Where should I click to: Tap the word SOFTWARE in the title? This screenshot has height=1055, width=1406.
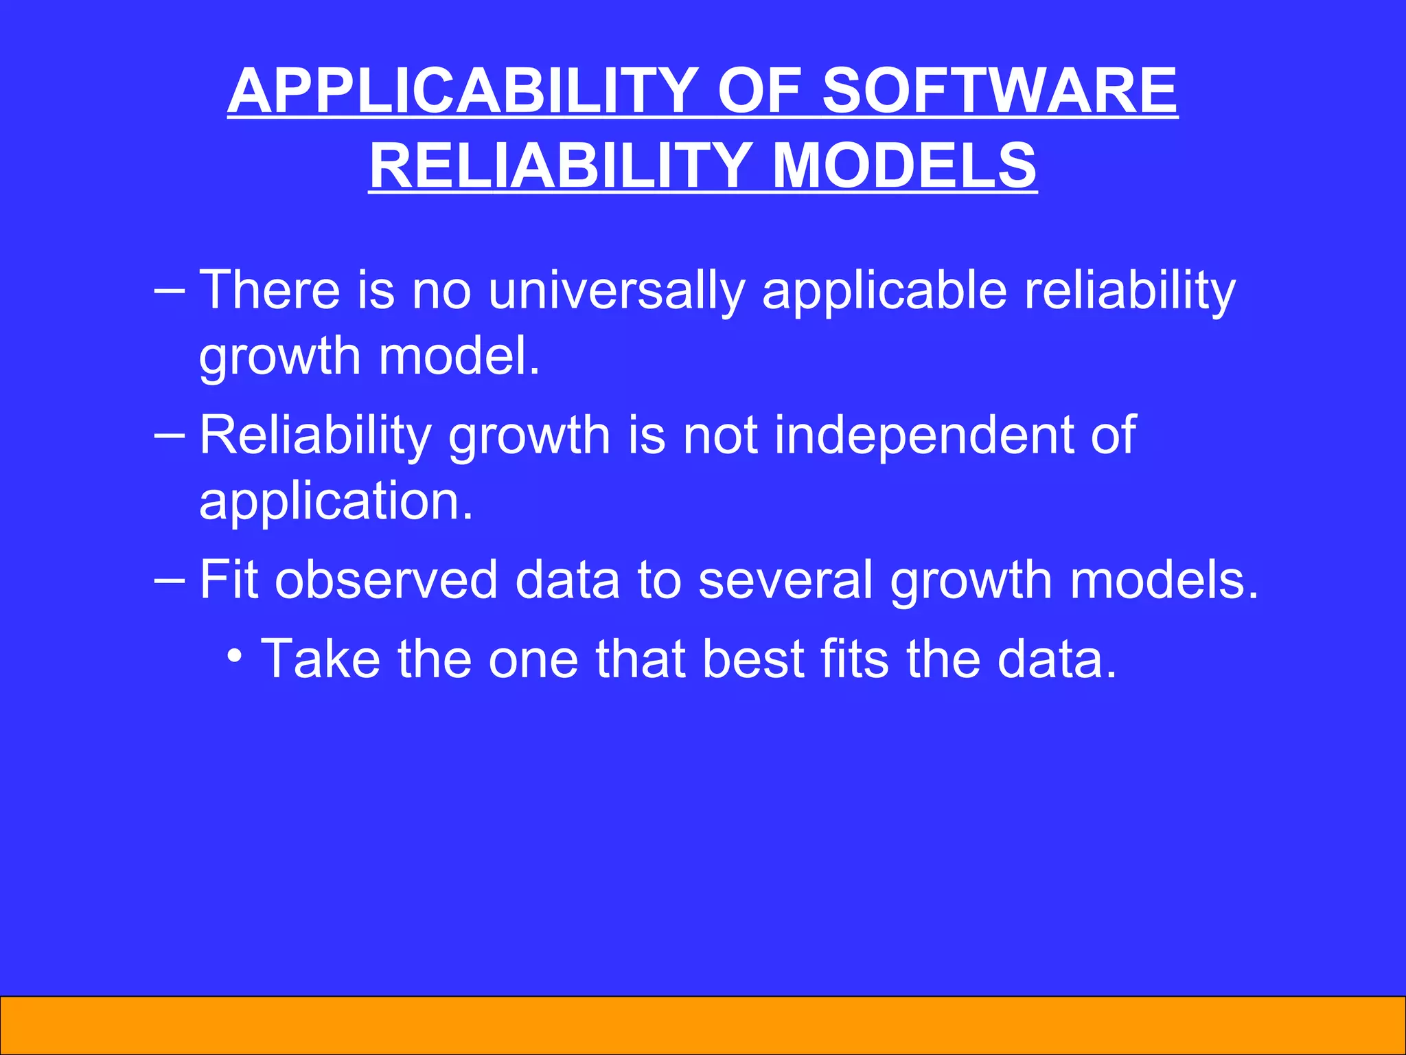click(999, 91)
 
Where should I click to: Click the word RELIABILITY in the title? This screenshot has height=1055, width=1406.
click(560, 166)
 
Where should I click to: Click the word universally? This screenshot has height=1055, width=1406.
click(616, 290)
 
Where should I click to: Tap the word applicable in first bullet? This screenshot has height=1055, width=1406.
click(884, 291)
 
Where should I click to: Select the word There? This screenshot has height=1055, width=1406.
click(269, 290)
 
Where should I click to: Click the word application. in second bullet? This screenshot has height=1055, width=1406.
click(336, 502)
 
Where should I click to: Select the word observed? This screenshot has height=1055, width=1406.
click(386, 580)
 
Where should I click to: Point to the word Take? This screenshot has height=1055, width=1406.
click(321, 659)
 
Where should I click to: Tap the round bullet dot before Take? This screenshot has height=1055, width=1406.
click(235, 655)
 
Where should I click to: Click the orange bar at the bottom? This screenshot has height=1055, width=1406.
click(703, 1025)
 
